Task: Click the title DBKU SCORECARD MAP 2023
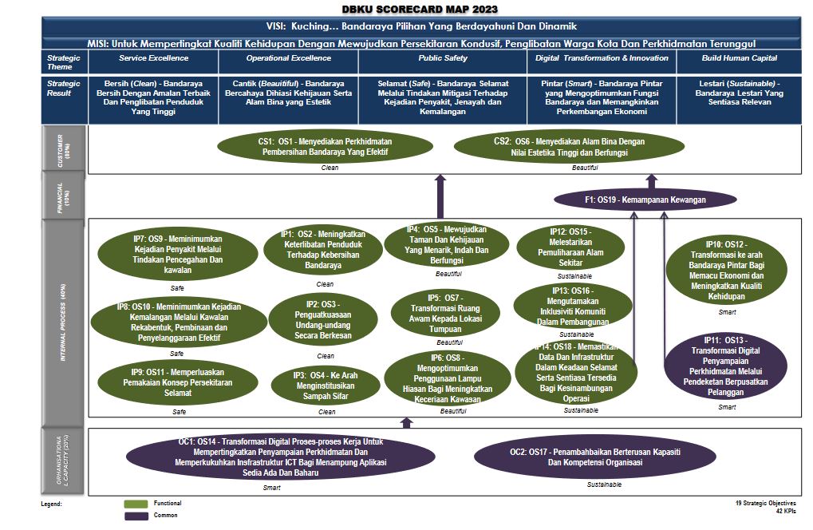[x=408, y=9]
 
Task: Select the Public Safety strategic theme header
[x=441, y=58]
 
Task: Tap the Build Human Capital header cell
[x=739, y=58]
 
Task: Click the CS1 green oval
[x=325, y=146]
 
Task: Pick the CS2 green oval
[x=568, y=146]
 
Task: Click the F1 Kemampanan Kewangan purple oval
[x=645, y=200]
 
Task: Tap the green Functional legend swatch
[x=136, y=504]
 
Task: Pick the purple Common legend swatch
[x=136, y=516]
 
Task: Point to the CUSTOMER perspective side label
[x=64, y=150]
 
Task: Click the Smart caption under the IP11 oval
[x=727, y=407]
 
